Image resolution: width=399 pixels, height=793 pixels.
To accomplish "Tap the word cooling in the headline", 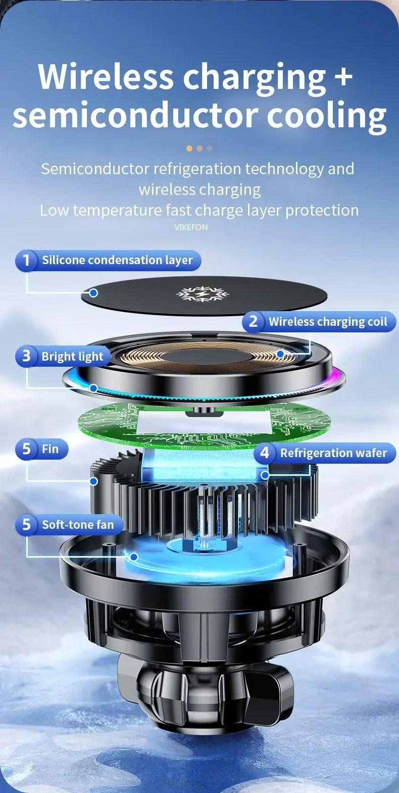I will (326, 116).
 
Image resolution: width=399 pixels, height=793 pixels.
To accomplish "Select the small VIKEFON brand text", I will (191, 227).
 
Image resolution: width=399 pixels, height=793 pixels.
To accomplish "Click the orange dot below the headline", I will (189, 148).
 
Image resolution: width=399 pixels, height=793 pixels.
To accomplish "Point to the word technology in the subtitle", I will (284, 169).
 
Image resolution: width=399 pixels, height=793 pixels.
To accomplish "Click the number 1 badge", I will (26, 261).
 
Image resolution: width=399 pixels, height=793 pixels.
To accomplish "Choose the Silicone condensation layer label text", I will (117, 260).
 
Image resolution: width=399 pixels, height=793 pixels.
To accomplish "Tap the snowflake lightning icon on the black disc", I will (199, 294).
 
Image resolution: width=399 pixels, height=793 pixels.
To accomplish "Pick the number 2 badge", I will (254, 321).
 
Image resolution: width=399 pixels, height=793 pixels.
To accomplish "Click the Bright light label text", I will (72, 357).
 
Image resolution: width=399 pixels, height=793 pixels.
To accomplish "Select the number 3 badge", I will (26, 356).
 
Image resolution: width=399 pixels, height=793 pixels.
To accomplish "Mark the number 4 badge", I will (265, 453).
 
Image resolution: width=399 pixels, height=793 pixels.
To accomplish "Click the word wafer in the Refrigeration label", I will (371, 453).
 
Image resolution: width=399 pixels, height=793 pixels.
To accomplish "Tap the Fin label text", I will (50, 449).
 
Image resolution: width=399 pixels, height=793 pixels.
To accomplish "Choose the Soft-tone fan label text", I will (78, 525).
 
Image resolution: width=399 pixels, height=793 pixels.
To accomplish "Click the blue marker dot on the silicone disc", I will (93, 292).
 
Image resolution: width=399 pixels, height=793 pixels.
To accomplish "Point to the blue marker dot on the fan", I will (134, 557).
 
